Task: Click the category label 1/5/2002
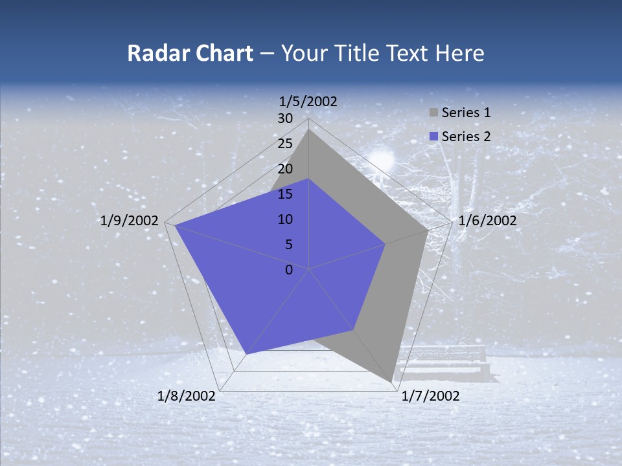tap(308, 101)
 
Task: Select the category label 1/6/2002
tap(487, 221)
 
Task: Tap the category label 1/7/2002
tap(430, 396)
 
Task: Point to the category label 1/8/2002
tap(187, 396)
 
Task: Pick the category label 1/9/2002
tap(130, 221)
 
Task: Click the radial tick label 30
tap(285, 118)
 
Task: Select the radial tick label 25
tap(285, 144)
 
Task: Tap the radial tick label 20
tap(285, 169)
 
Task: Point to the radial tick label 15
tap(285, 194)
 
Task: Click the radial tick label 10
tap(285, 219)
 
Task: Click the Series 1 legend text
tap(466, 113)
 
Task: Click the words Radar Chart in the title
tap(190, 53)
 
